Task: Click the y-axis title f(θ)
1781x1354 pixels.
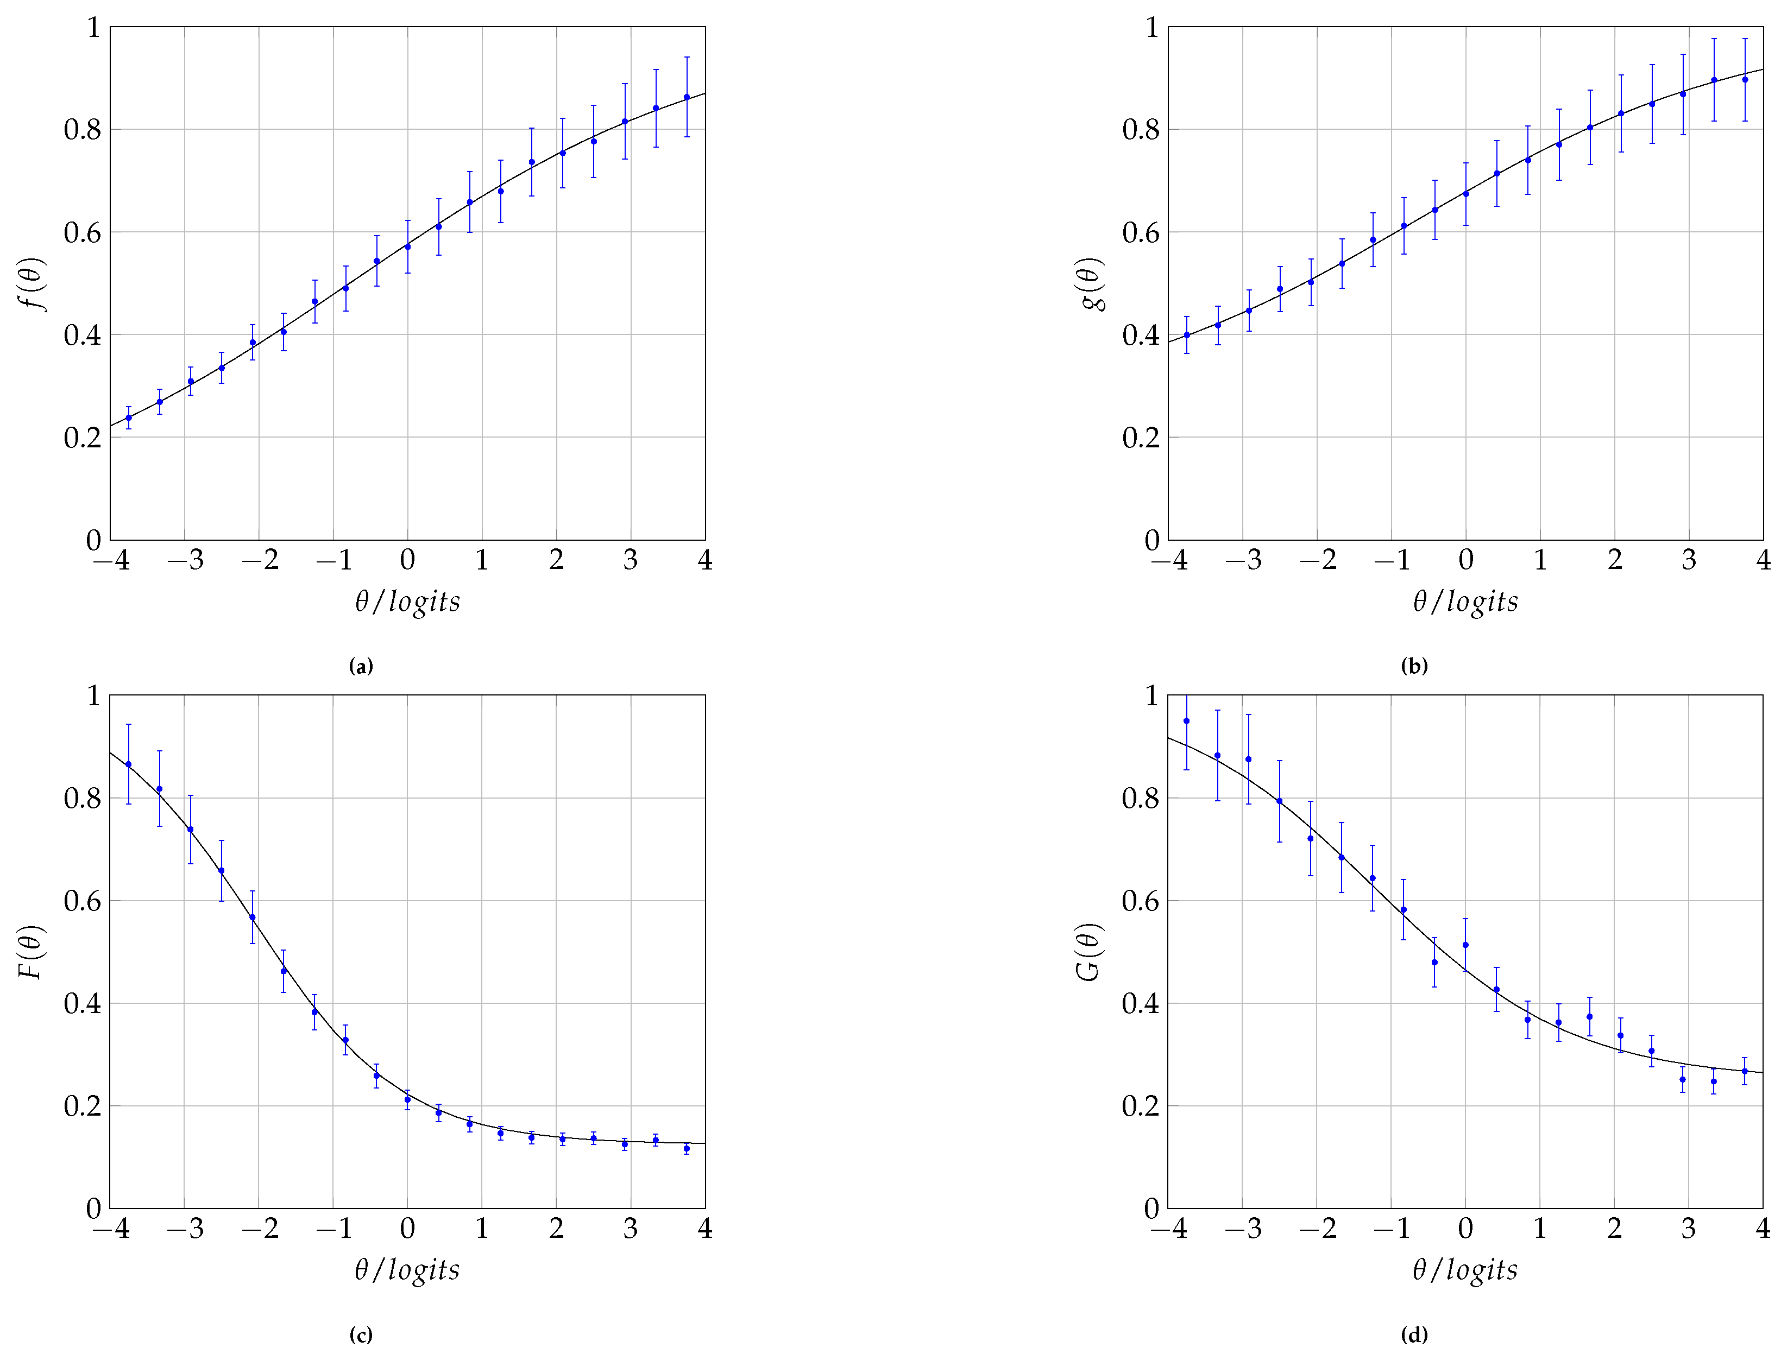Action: [32, 284]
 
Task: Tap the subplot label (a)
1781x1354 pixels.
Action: [361, 666]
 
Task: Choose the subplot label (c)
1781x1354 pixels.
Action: [361, 1334]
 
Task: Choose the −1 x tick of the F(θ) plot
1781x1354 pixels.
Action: [334, 1228]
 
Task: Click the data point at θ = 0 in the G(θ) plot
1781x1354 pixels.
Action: [1465, 945]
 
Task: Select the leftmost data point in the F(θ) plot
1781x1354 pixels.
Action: [128, 764]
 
